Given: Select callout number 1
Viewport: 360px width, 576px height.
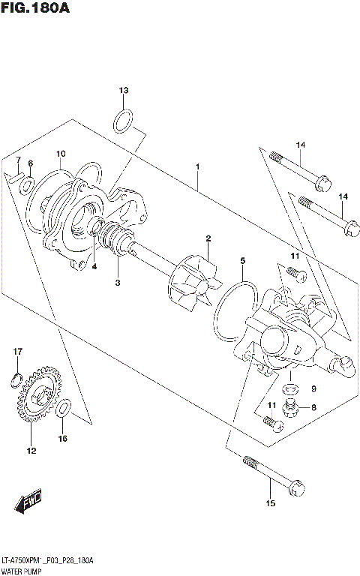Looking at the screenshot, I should click(x=197, y=166).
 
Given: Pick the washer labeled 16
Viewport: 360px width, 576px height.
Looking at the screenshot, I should click(x=64, y=409).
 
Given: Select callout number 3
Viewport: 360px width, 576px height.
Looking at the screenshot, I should click(x=118, y=283).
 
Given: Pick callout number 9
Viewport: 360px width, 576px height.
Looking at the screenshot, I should click(x=313, y=388).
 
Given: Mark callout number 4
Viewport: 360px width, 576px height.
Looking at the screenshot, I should click(x=94, y=265).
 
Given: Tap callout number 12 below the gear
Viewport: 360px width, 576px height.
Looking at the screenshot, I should click(x=31, y=451).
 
